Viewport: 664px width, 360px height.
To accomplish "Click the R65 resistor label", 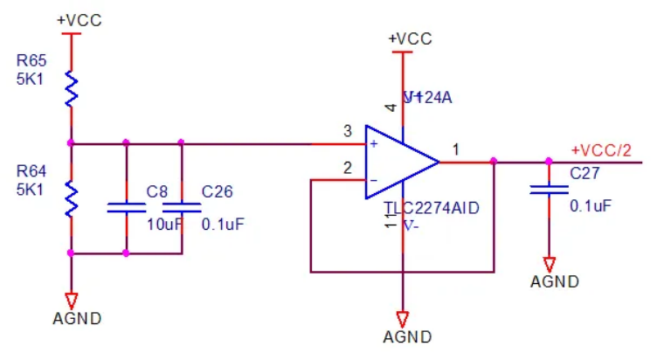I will click(31, 60).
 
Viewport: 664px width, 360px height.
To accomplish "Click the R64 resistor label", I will click(31, 170).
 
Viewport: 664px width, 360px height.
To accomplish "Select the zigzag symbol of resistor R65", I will click(72, 89).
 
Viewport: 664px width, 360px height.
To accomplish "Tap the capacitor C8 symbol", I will click(126, 207).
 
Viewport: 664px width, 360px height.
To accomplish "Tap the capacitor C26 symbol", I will click(182, 207).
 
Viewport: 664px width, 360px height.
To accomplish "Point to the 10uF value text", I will click(163, 225).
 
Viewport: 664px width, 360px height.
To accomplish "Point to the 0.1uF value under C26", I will click(223, 225).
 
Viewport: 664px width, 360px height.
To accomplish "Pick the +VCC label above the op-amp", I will click(410, 38).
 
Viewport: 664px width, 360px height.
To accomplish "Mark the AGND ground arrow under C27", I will click(549, 263).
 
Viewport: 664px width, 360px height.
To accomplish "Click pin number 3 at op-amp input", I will click(347, 132).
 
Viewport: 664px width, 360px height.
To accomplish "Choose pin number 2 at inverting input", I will click(347, 168).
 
